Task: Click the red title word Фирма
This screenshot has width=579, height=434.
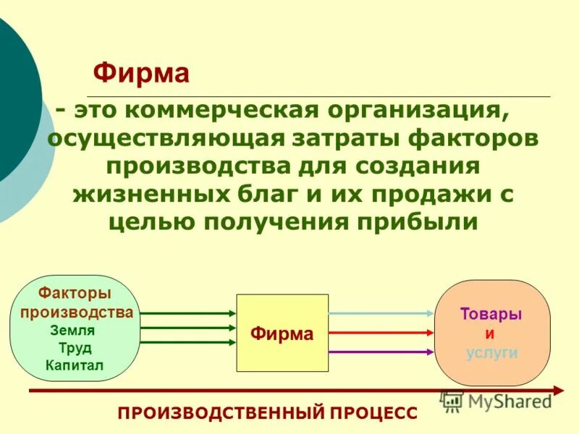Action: point(142,74)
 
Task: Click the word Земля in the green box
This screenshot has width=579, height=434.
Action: point(72,330)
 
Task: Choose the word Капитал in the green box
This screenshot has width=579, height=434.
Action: point(74,365)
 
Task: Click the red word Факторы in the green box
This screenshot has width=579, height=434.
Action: point(75,294)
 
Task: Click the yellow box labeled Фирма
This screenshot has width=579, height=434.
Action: point(282,333)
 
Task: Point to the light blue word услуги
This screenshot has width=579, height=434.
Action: point(491,352)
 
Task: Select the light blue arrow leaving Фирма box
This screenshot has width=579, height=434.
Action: point(381,313)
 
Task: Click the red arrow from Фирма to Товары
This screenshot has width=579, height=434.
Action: point(381,333)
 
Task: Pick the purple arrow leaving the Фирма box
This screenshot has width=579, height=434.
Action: point(381,352)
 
